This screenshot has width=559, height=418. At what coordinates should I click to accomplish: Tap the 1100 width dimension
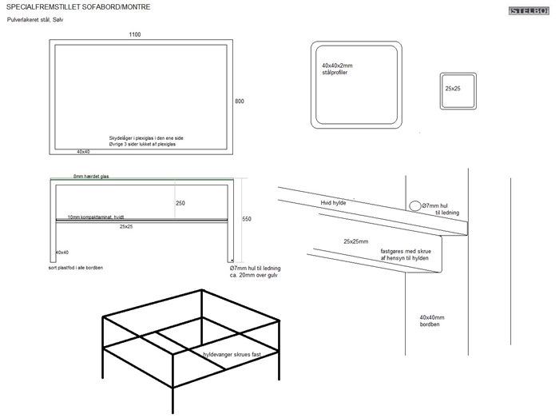[x=137, y=35]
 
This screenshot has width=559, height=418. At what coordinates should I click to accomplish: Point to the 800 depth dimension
[x=239, y=102]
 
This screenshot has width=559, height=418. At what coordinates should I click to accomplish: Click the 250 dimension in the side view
[x=180, y=203]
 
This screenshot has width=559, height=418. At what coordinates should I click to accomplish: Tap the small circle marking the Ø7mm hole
[x=415, y=205]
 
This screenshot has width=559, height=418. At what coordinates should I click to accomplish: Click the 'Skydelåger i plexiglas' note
[x=146, y=140]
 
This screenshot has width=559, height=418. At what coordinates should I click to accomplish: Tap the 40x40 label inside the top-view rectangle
[x=83, y=151]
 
